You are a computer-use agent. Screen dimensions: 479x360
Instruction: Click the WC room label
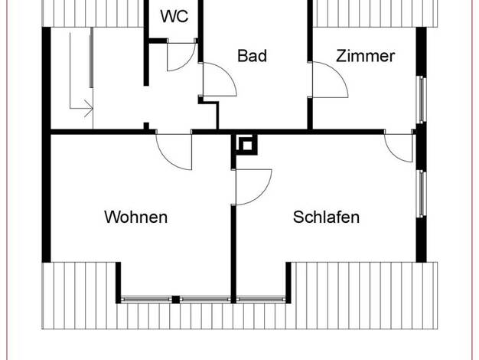click(x=174, y=16)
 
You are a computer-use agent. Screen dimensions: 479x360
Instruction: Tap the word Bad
click(x=252, y=56)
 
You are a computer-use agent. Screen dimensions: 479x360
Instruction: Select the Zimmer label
click(x=365, y=56)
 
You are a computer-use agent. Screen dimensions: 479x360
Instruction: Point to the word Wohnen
click(x=136, y=217)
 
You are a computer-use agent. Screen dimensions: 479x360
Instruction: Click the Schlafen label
click(x=326, y=217)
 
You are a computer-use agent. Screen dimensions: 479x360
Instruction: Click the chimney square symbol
click(x=247, y=146)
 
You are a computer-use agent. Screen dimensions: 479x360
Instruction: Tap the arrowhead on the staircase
click(x=90, y=108)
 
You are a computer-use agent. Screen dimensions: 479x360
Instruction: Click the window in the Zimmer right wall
click(x=422, y=100)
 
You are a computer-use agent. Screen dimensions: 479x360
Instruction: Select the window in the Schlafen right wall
click(x=422, y=194)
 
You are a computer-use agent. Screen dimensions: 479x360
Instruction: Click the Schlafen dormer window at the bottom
click(x=261, y=299)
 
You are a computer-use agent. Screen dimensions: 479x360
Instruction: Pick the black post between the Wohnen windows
click(x=176, y=299)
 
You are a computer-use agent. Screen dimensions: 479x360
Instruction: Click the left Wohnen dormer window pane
click(x=146, y=299)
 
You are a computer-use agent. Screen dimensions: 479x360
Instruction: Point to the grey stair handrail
click(x=91, y=57)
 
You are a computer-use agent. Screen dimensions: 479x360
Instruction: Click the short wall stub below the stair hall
click(x=146, y=126)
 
